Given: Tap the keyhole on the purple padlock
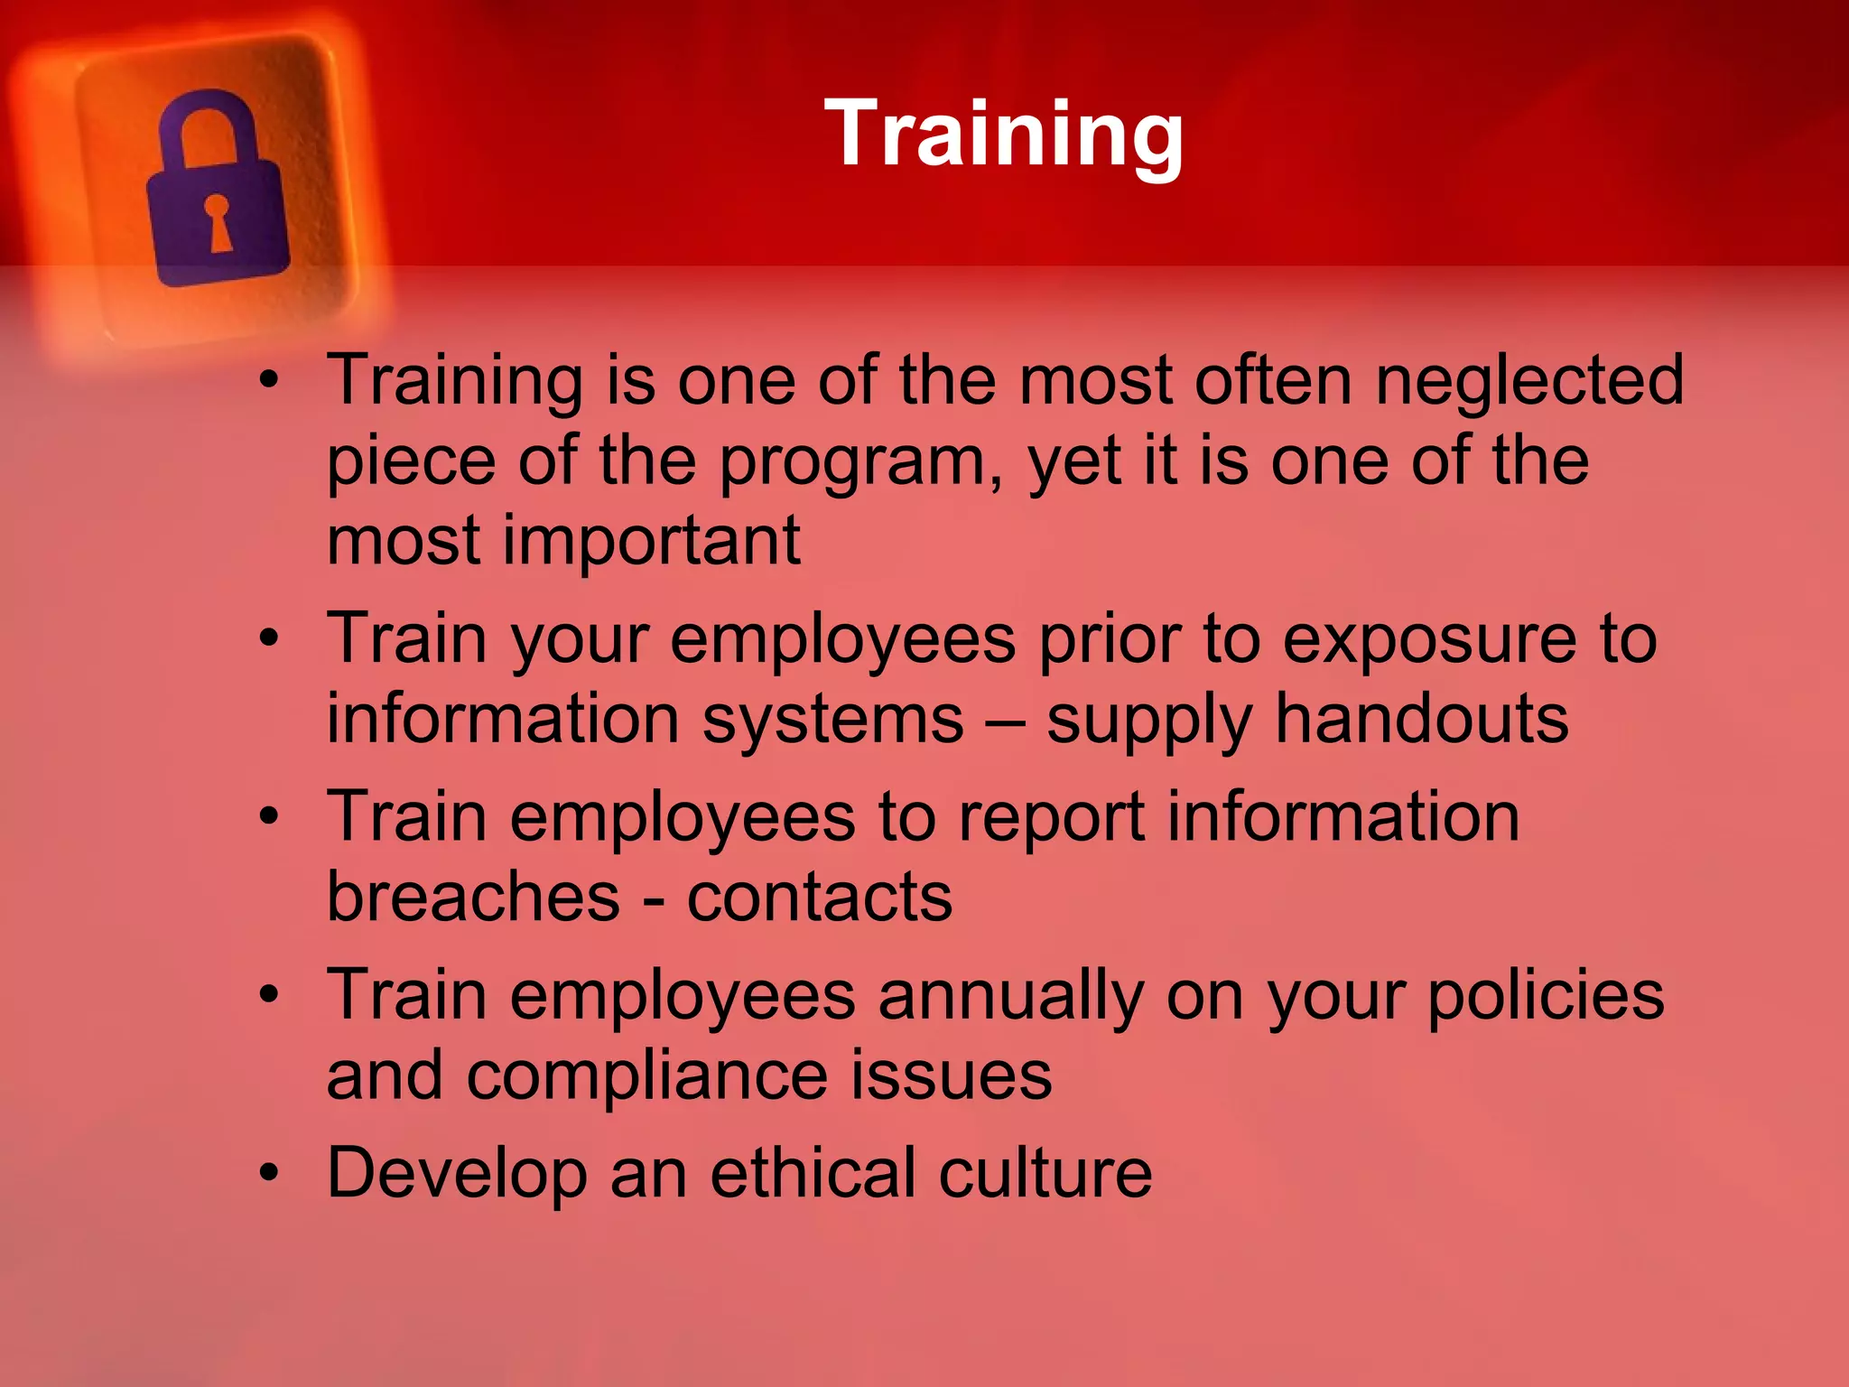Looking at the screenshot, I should pyautogui.click(x=218, y=221).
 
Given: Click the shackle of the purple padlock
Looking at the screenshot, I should pyautogui.click(x=209, y=126).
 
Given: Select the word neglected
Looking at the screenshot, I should pyautogui.click(x=1529, y=379).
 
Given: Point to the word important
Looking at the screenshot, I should pyautogui.click(x=651, y=540).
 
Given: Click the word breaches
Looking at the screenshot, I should pyautogui.click(x=473, y=896).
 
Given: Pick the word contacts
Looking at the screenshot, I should pyautogui.click(x=819, y=896).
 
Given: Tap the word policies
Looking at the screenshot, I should pyautogui.click(x=1545, y=994).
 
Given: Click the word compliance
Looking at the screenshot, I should pyautogui.click(x=646, y=1075).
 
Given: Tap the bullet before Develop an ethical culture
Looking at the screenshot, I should pyautogui.click(x=269, y=1172).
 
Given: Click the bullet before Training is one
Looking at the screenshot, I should pyautogui.click(x=269, y=380).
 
